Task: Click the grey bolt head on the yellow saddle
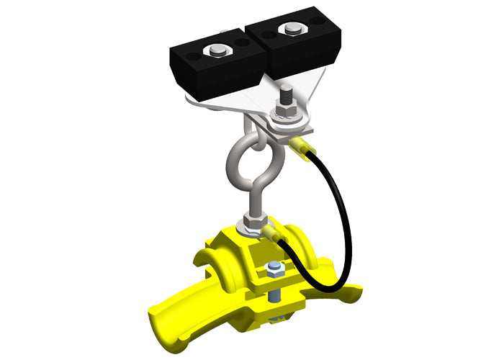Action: click(273, 270)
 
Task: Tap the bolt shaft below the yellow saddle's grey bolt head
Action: click(274, 295)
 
